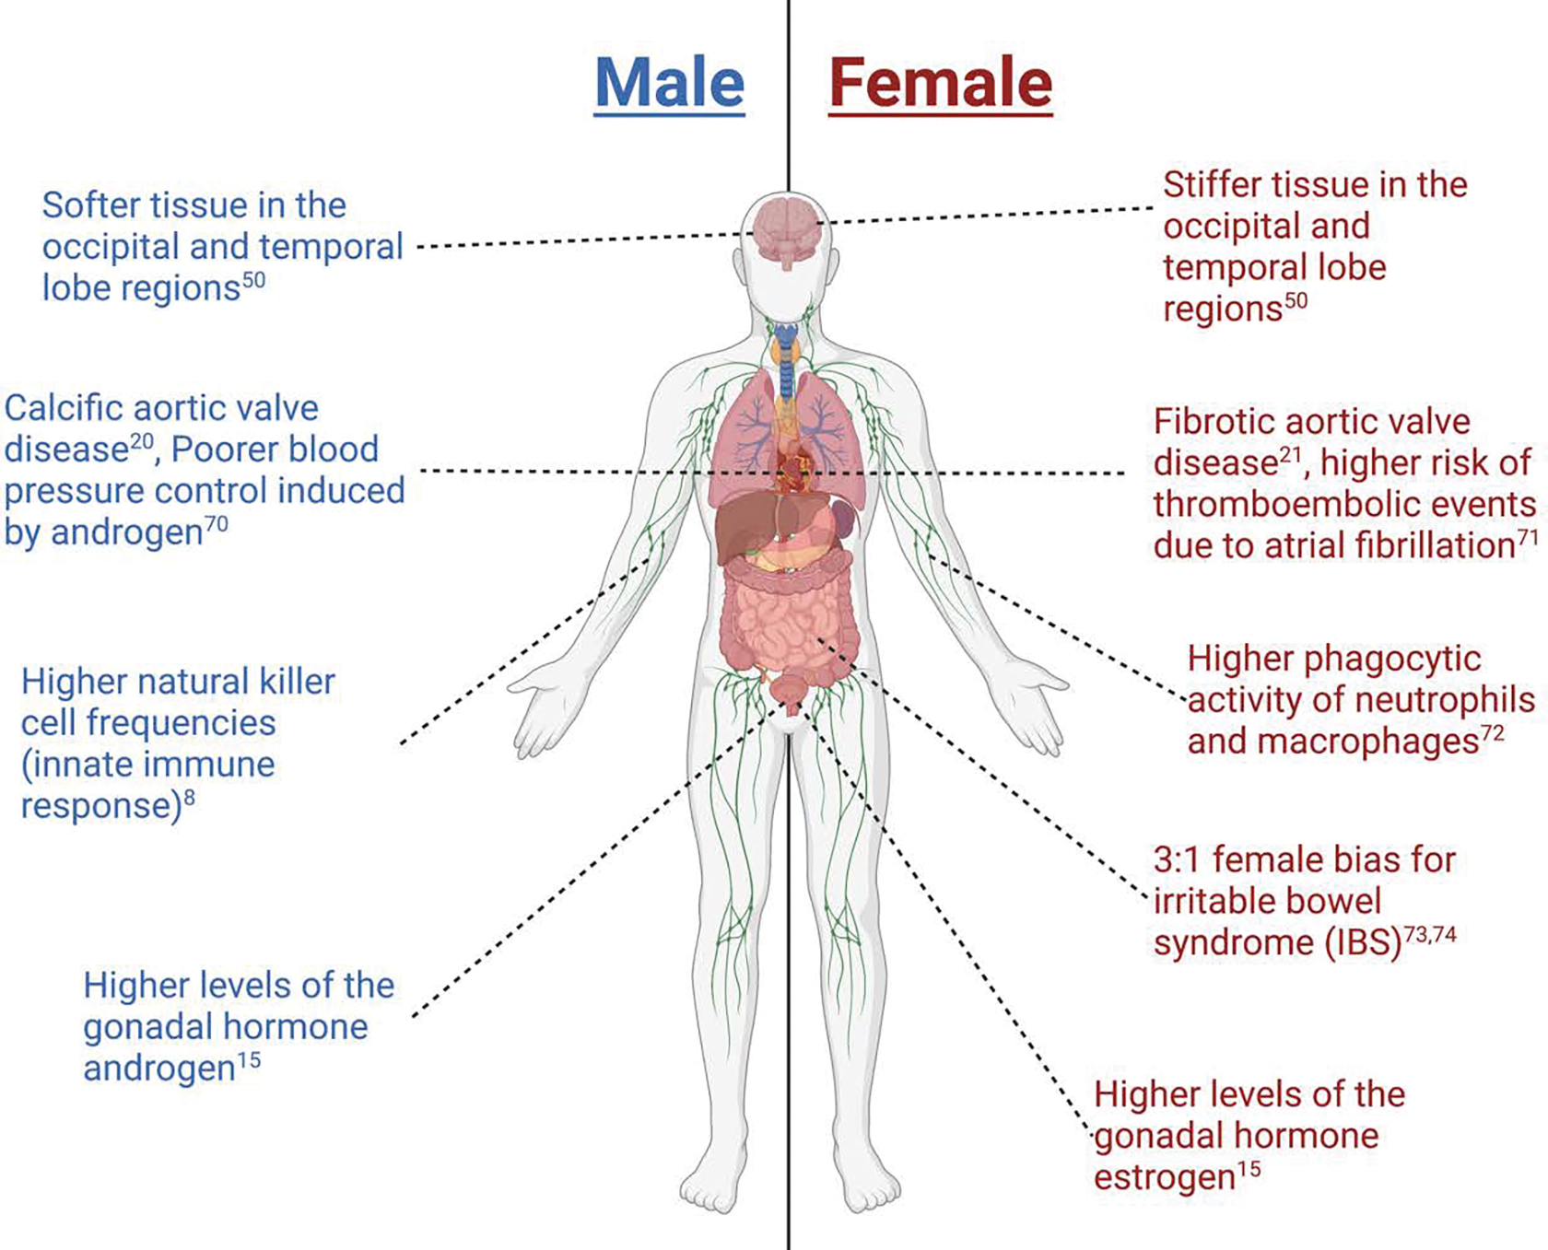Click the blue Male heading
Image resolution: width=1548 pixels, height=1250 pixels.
click(669, 83)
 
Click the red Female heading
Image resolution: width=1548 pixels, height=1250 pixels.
click(940, 83)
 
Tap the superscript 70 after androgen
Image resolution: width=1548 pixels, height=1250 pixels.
click(216, 524)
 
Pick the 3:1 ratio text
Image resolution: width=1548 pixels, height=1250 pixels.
click(1177, 860)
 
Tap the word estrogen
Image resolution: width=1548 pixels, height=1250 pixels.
click(1164, 1178)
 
